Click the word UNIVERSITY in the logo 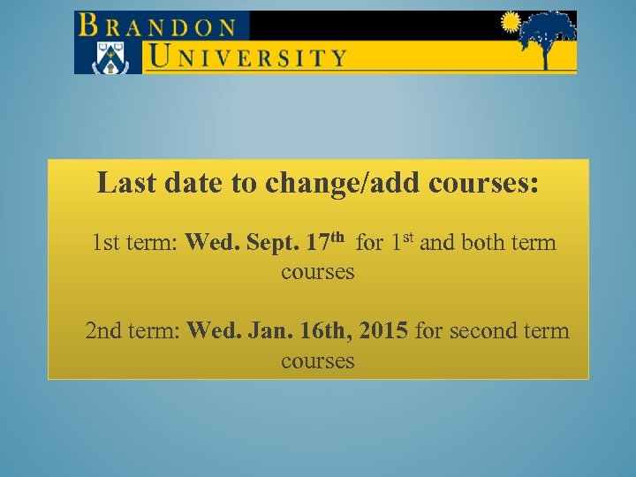[246, 57]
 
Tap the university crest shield [110, 56]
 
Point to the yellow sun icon [511, 22]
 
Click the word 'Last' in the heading [123, 183]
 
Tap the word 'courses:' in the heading [483, 183]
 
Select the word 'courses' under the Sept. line [318, 272]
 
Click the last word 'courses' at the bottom [318, 361]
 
